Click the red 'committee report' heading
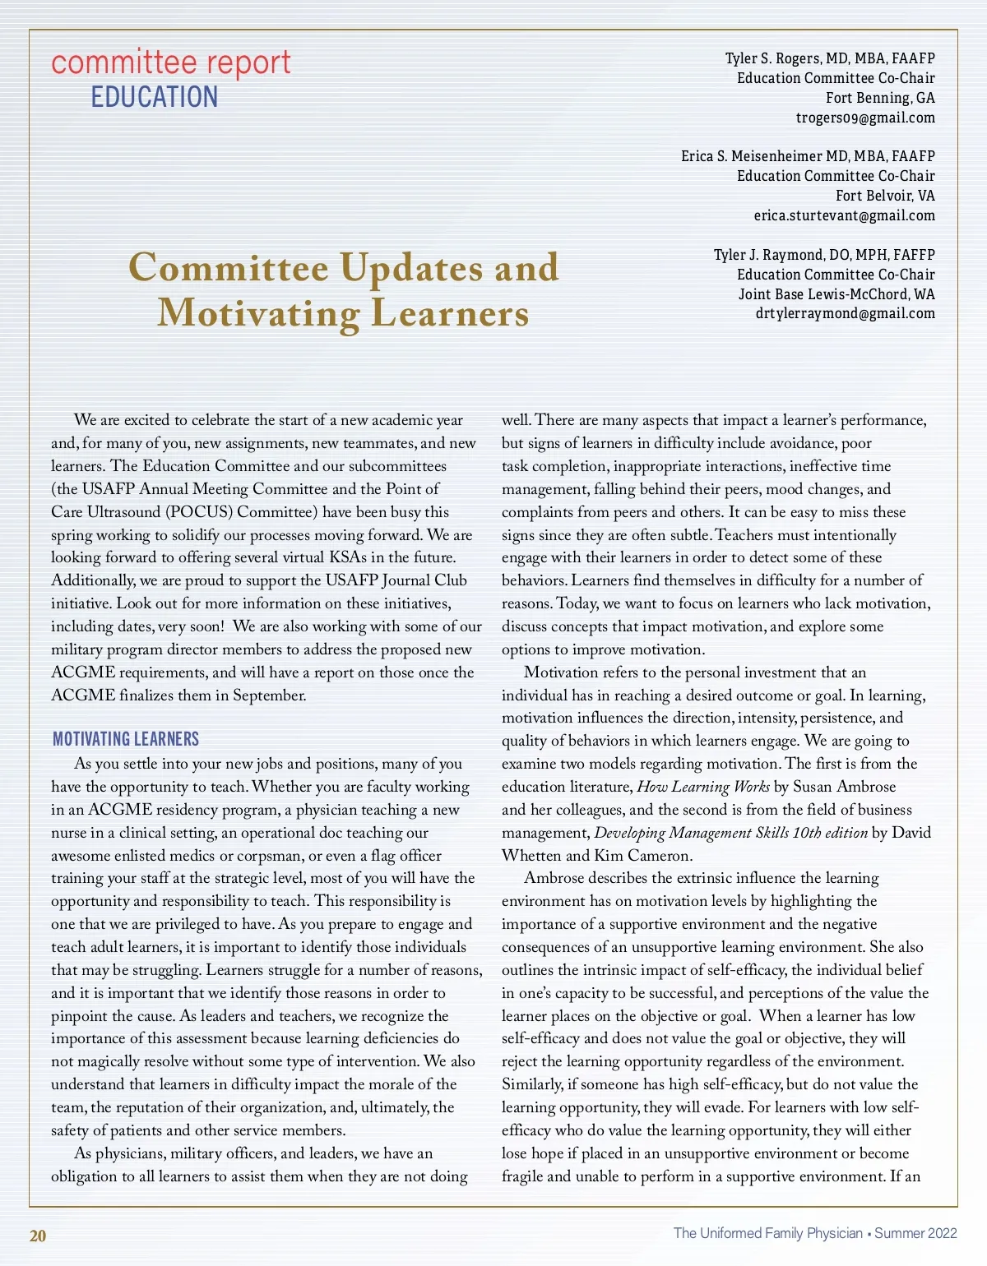171,62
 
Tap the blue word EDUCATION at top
155,97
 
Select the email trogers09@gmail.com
865,118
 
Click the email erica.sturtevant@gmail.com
844,215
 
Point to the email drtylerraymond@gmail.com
845,313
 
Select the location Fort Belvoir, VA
885,196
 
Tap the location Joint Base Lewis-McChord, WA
836,293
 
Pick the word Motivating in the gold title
258,314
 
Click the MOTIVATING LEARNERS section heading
126,739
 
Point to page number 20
38,1236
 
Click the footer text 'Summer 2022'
915,1233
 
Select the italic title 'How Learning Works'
703,787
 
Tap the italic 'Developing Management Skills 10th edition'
730,833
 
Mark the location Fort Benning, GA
880,98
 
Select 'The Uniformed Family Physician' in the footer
767,1233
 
